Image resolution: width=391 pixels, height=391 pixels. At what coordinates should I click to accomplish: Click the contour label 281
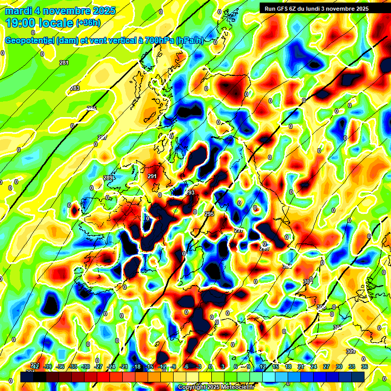pos(64,63)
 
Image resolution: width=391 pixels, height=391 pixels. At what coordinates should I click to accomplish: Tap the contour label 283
pos(75,89)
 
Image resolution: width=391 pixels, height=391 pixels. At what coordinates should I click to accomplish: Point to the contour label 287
pos(102,137)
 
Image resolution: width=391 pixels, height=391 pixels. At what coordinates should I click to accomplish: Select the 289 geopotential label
pos(108,178)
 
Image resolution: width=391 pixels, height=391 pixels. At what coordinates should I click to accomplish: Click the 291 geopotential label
pos(152,176)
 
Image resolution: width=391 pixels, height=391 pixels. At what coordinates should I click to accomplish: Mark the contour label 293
pos(190,193)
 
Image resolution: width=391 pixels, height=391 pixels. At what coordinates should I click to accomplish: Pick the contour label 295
pos(209,214)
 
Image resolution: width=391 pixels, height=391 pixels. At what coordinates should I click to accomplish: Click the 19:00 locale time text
pos(39,22)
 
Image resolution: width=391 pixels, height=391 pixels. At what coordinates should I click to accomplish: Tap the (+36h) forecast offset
pos(88,23)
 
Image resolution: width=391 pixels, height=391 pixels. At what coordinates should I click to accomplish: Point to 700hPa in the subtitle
pos(158,40)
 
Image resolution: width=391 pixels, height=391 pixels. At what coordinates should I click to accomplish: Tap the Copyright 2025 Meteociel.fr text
pos(216,387)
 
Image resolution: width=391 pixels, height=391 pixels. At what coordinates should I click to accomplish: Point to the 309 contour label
pos(350,352)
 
